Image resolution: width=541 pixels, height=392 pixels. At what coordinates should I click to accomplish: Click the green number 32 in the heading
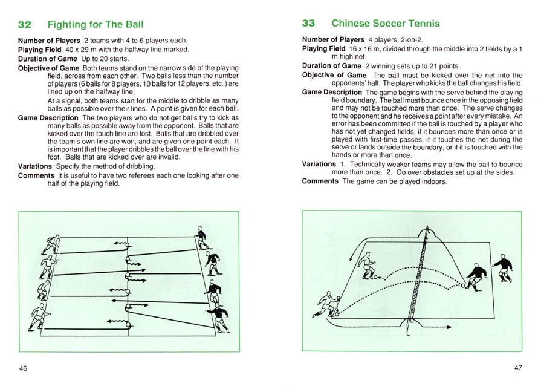coord(25,25)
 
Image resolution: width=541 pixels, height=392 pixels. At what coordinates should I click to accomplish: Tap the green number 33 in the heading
coord(308,24)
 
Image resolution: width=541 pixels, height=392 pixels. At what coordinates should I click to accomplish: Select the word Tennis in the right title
coord(422,24)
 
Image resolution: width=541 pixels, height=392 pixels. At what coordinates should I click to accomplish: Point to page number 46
coord(24,368)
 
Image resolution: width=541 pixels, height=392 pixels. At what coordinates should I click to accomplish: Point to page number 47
coord(518,368)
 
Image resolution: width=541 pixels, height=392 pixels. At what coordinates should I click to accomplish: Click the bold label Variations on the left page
coord(35,166)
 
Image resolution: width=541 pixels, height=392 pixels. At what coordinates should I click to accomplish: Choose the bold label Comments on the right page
coord(321,181)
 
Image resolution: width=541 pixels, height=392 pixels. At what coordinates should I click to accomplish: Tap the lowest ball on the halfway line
coord(128,325)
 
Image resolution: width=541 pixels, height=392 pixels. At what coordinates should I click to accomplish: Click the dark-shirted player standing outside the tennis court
coord(502,268)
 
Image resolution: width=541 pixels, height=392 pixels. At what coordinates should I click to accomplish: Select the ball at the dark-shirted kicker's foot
coord(463,287)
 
